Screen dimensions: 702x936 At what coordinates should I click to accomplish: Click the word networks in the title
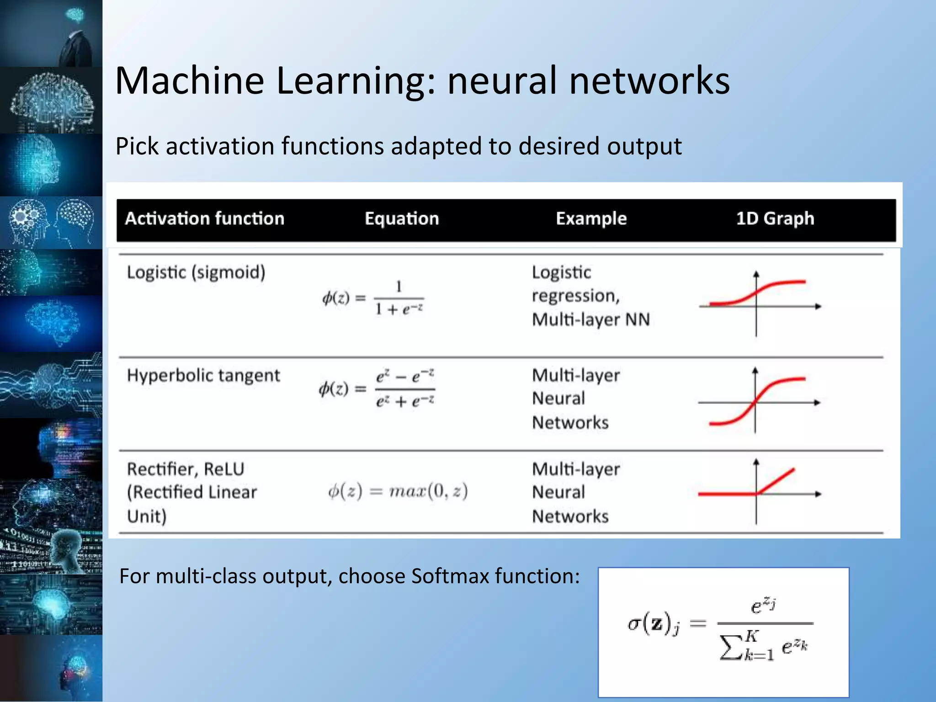click(649, 81)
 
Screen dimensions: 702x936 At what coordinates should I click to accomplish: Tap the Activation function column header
click(205, 219)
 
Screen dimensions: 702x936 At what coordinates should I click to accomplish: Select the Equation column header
click(402, 219)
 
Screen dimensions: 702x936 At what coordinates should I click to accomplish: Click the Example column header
click(591, 219)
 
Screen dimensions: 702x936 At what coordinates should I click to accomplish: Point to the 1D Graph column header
click(775, 219)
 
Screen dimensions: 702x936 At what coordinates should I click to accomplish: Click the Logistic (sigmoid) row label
click(196, 272)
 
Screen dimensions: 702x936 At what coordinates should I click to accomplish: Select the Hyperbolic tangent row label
click(203, 376)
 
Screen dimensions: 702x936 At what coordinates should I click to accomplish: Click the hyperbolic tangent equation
click(377, 389)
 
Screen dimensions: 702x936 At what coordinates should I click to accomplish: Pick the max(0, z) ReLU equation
click(398, 491)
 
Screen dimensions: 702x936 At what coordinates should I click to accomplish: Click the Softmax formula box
click(723, 632)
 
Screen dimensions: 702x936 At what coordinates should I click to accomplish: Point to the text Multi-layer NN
click(590, 319)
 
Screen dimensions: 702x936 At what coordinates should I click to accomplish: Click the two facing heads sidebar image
click(51, 223)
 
